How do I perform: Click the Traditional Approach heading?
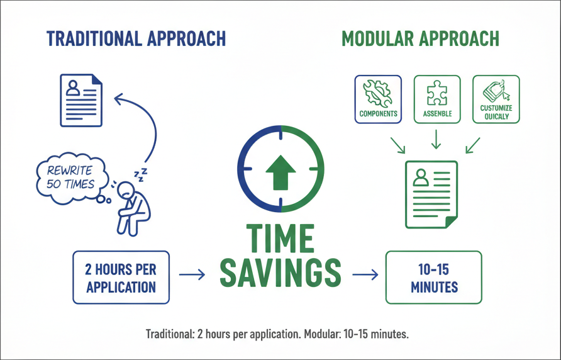136,38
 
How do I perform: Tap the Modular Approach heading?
420,38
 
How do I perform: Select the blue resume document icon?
81,100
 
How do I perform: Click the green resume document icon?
431,194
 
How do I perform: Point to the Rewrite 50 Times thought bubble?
72,178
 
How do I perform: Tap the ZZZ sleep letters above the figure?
141,174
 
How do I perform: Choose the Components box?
378,99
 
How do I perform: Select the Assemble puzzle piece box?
437,99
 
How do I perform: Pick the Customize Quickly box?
496,99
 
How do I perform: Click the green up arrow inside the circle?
281,172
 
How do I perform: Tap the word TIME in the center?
280,239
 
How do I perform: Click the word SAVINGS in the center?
280,273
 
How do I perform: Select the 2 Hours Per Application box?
121,278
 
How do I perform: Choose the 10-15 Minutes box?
434,278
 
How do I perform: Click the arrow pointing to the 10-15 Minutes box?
365,275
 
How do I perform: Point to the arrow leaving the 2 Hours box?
192,275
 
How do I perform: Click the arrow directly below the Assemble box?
436,139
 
